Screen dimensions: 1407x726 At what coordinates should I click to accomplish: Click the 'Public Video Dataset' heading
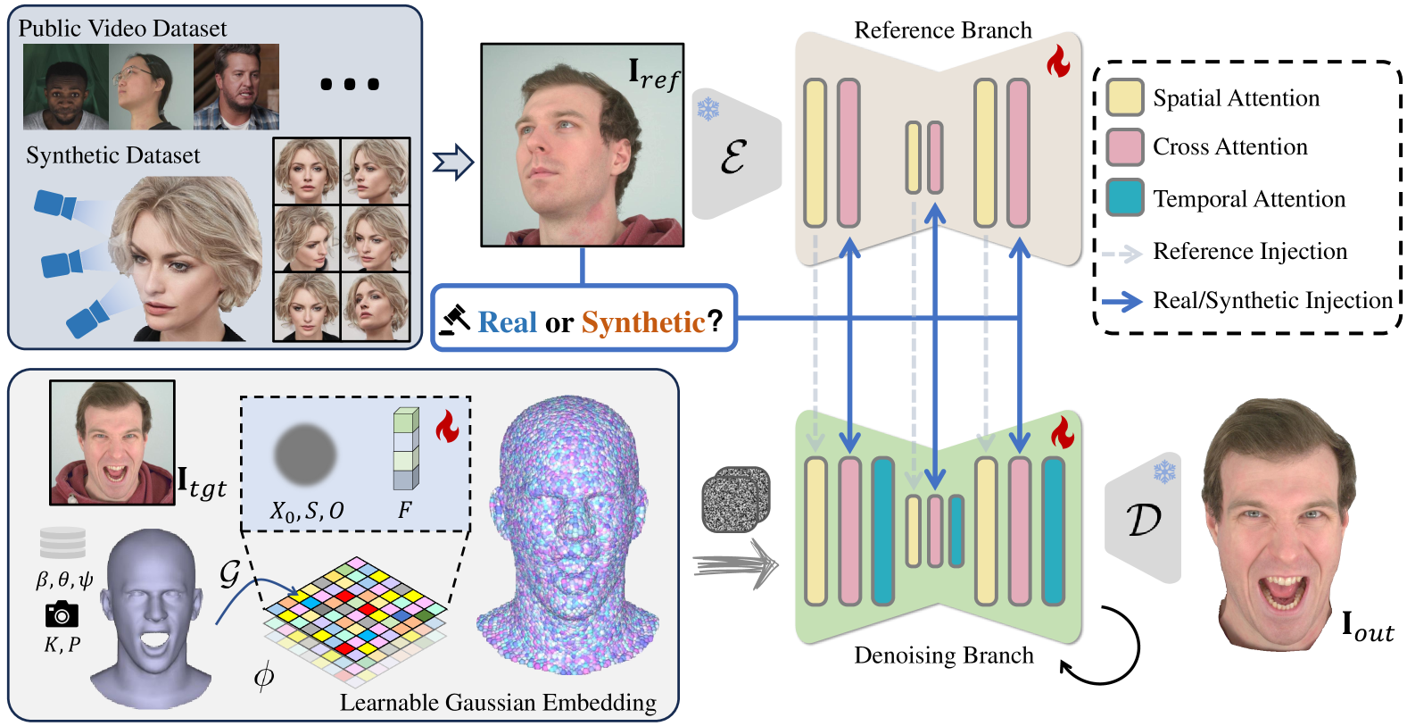tap(122, 29)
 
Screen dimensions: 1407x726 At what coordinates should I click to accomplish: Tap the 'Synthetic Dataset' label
tap(113, 154)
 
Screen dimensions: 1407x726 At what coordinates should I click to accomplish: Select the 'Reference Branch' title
tap(943, 29)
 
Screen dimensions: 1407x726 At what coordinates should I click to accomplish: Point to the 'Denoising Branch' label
tap(943, 655)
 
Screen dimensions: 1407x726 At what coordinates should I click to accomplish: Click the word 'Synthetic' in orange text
tap(643, 321)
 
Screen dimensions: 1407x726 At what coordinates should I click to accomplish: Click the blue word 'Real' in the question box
tap(507, 321)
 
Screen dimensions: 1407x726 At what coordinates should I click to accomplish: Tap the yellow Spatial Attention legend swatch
tap(1124, 97)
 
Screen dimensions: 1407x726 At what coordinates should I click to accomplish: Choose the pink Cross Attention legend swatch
tap(1124, 147)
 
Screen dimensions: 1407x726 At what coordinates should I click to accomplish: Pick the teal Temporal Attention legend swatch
tap(1124, 198)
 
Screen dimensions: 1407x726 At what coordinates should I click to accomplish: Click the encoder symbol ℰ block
tap(735, 154)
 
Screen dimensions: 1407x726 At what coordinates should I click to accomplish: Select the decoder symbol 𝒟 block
tap(1143, 518)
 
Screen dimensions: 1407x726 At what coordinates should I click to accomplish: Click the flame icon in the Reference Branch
tap(1058, 61)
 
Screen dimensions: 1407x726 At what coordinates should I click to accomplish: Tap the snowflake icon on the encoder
tap(708, 109)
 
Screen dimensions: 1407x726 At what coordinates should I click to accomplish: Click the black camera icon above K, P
tap(62, 614)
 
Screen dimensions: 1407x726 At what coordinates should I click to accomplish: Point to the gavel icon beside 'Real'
tap(455, 320)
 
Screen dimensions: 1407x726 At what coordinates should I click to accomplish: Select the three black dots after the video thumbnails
tap(350, 84)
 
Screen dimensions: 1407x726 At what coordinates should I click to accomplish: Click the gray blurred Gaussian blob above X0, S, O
tap(306, 455)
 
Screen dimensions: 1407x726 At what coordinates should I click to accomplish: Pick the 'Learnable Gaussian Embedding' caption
tap(498, 702)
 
